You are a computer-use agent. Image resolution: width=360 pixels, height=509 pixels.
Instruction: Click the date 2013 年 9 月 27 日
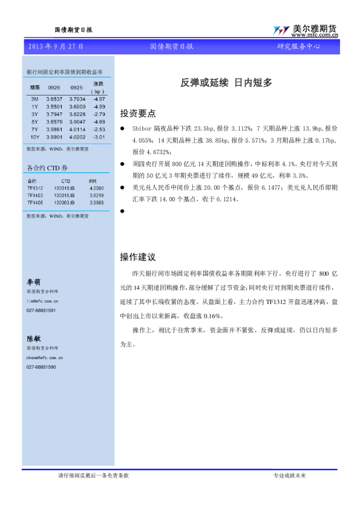[x=56, y=47]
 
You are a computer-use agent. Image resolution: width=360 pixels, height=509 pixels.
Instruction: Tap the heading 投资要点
[x=138, y=113]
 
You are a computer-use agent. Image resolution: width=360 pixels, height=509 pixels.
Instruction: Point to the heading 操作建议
[x=138, y=258]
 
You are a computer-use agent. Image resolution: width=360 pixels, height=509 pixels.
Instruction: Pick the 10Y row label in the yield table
[x=34, y=137]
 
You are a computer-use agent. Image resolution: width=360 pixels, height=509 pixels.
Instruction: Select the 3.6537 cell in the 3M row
[x=55, y=99]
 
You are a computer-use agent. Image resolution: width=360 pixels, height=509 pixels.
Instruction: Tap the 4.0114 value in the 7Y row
[x=77, y=129]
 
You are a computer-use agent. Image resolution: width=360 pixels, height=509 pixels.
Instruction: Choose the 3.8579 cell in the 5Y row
[x=55, y=122]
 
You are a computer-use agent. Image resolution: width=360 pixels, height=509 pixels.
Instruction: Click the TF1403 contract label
[x=34, y=195]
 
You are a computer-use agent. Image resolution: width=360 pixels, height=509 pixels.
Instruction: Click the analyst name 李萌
[x=33, y=282]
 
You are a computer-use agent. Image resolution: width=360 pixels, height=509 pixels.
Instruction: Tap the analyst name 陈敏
[x=33, y=339]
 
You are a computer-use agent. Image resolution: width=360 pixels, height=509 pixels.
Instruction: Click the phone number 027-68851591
[x=41, y=310]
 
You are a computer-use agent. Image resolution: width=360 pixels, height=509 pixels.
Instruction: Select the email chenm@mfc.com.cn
[x=45, y=358]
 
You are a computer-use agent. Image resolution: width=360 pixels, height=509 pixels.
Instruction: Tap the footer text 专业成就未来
[x=290, y=476]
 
